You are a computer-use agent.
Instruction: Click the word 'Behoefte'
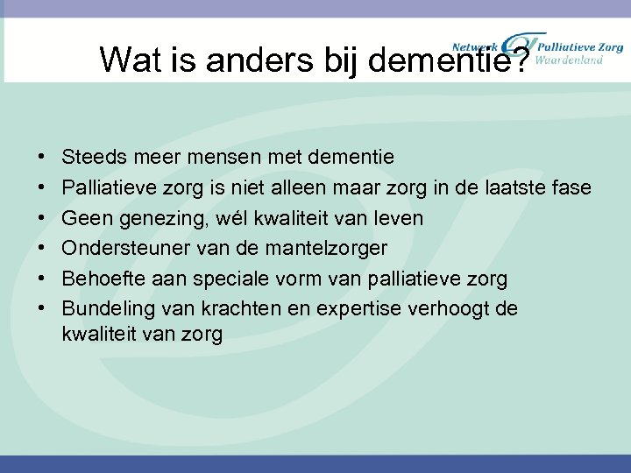[x=102, y=279]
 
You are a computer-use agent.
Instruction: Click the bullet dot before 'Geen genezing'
[x=43, y=218]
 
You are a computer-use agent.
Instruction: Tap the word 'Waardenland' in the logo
[x=569, y=60]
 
